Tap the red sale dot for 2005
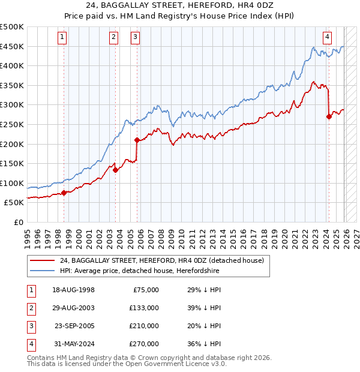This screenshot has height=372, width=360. point(137,140)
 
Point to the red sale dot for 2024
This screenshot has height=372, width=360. point(329,117)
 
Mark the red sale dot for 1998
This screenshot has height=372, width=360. point(64,193)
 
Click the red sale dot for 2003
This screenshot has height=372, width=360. point(115,170)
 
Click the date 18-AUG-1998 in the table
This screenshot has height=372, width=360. point(73,290)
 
